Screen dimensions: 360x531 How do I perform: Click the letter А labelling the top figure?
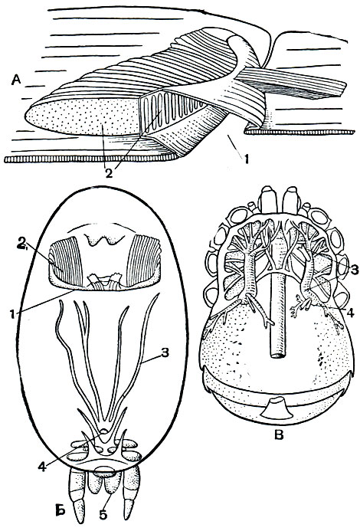16,80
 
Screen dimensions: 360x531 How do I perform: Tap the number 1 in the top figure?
246,159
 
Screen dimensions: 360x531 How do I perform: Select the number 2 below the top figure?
108,173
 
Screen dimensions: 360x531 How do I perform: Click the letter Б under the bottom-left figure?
60,510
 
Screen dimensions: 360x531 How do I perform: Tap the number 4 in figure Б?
42,467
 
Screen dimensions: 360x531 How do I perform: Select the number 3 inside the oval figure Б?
165,353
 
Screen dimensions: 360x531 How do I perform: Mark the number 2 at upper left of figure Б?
22,242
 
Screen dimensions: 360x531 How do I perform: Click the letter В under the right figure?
278,434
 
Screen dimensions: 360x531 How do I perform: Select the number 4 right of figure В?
351,313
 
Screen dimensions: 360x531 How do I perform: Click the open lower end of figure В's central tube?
279,356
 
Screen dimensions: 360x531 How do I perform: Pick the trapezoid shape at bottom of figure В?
276,408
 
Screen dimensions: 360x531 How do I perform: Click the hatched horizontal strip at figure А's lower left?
90,159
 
